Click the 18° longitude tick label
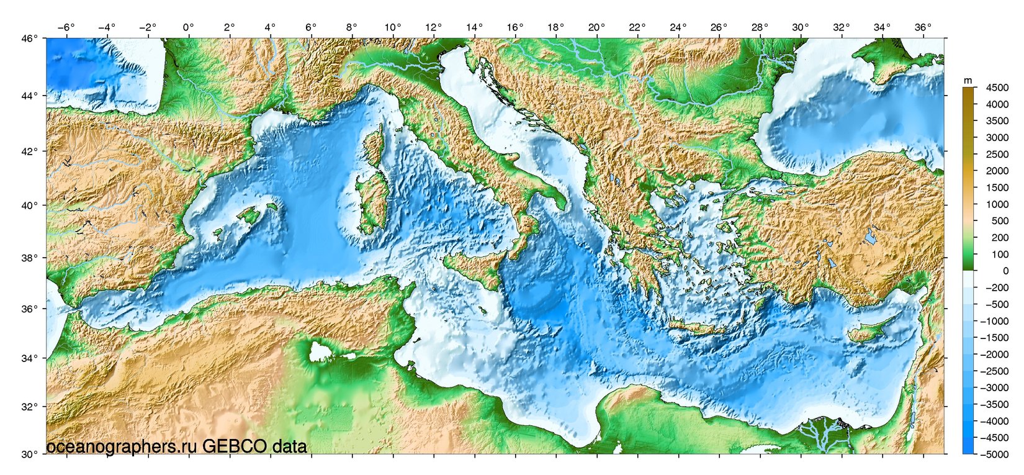555,27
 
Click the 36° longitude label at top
922,27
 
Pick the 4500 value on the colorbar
997,88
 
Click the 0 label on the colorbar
1005,271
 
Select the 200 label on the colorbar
1000,238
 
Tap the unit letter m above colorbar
968,80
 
